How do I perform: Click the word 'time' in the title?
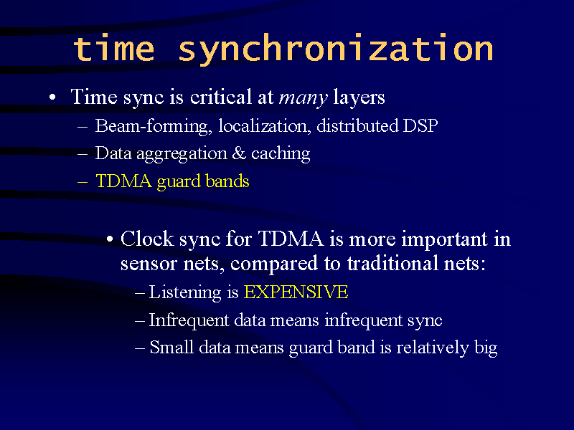click(114, 48)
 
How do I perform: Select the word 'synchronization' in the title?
click(336, 49)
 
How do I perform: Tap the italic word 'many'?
click(303, 98)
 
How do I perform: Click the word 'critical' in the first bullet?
click(221, 97)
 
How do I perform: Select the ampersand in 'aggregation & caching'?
click(239, 153)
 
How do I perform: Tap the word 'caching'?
click(281, 154)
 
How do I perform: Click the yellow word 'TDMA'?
click(123, 181)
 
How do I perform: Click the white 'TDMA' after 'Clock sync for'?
click(291, 239)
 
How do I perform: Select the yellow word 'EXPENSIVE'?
click(296, 292)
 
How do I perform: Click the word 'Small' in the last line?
click(171, 347)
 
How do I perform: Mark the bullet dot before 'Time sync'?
click(52, 97)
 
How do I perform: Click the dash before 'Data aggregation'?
click(83, 154)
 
